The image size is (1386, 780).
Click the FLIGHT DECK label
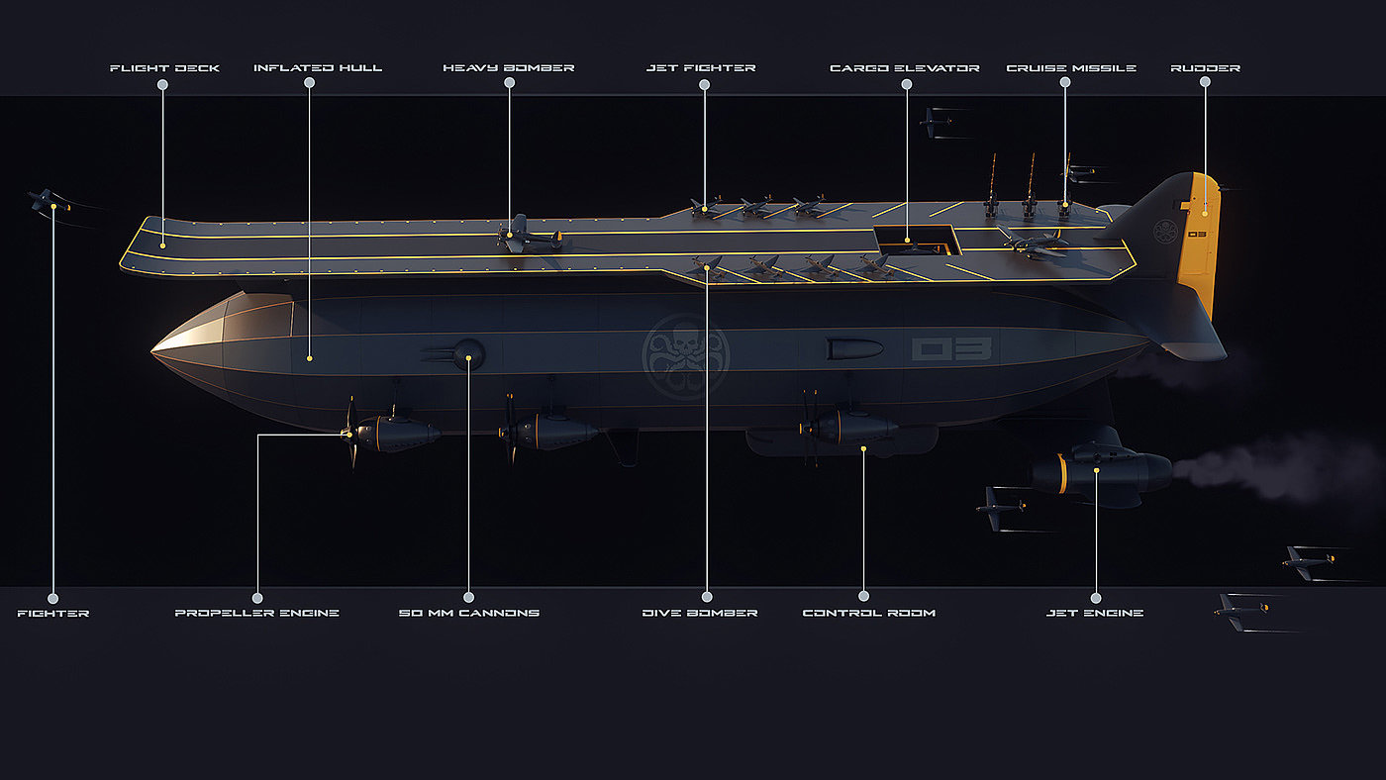point(164,68)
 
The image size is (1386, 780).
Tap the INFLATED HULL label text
point(318,68)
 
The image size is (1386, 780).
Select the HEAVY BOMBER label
point(509,68)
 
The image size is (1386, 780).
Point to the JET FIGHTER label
point(701,68)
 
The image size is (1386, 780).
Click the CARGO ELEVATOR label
point(905,68)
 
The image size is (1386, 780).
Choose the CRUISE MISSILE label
point(1071,68)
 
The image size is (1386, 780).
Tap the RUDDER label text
point(1206,68)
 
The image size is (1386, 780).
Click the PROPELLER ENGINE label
point(256,613)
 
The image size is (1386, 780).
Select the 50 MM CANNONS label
point(469,613)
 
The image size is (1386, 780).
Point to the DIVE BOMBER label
point(700,613)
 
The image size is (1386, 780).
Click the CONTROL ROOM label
point(869,613)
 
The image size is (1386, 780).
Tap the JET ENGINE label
point(1095,613)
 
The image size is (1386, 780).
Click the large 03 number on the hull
point(951,348)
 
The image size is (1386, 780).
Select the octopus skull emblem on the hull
point(685,356)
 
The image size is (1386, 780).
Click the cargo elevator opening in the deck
point(918,241)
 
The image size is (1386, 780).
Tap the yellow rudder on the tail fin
point(1199,244)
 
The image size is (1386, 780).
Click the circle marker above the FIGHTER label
point(53,598)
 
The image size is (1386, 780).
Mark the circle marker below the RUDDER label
point(1205,81)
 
